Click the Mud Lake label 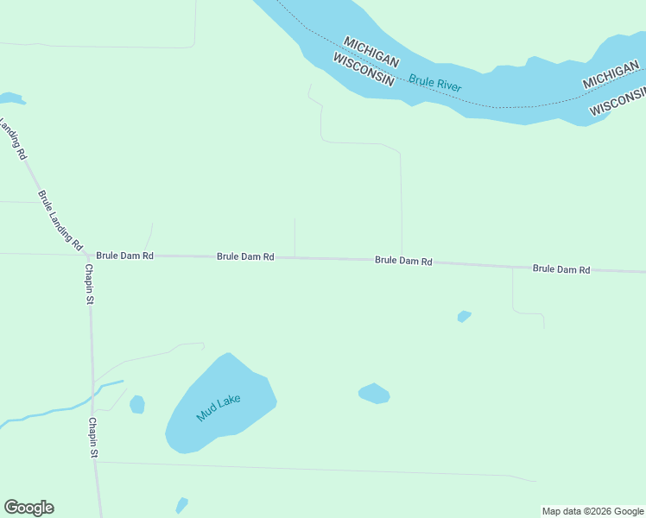tap(218, 407)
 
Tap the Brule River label tap(435, 83)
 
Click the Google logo tap(28, 508)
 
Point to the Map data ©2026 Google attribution tap(592, 511)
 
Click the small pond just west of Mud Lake tap(137, 404)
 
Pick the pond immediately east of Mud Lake tap(374, 394)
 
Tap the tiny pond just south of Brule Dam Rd tap(464, 317)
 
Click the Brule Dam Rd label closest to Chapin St tap(124, 256)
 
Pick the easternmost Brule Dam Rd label tap(560, 269)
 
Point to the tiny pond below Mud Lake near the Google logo tap(181, 505)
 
